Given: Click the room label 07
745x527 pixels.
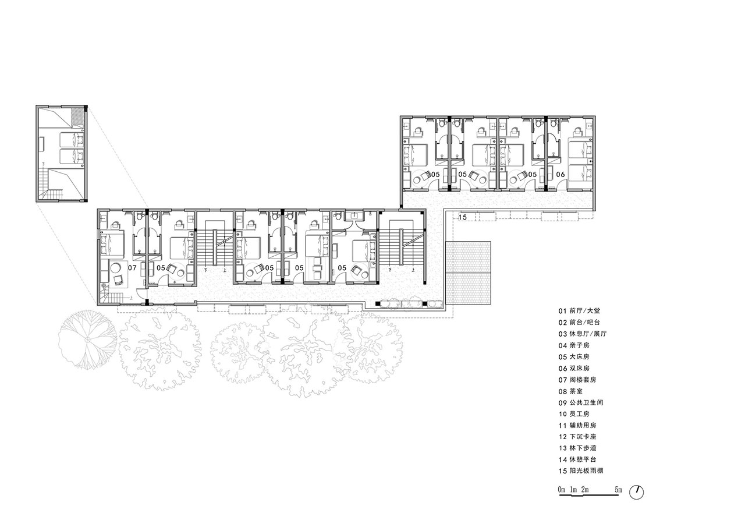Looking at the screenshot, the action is click(x=132, y=267).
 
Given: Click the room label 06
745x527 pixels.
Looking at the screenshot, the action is click(x=560, y=174).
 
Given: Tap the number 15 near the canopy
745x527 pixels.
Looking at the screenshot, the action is click(x=463, y=217).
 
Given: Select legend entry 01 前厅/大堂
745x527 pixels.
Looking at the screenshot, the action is click(x=579, y=311).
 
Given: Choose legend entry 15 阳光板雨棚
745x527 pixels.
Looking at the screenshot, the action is click(x=581, y=471).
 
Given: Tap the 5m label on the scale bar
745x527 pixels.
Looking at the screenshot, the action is click(x=618, y=490).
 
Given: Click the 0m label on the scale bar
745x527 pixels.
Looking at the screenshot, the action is click(x=562, y=490).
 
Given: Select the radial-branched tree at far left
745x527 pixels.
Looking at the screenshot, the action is click(x=87, y=339).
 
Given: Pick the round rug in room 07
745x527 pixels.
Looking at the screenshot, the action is click(x=116, y=268).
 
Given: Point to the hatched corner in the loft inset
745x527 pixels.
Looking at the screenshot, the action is click(x=77, y=115).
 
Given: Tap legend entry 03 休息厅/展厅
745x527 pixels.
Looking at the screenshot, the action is click(x=583, y=334).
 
